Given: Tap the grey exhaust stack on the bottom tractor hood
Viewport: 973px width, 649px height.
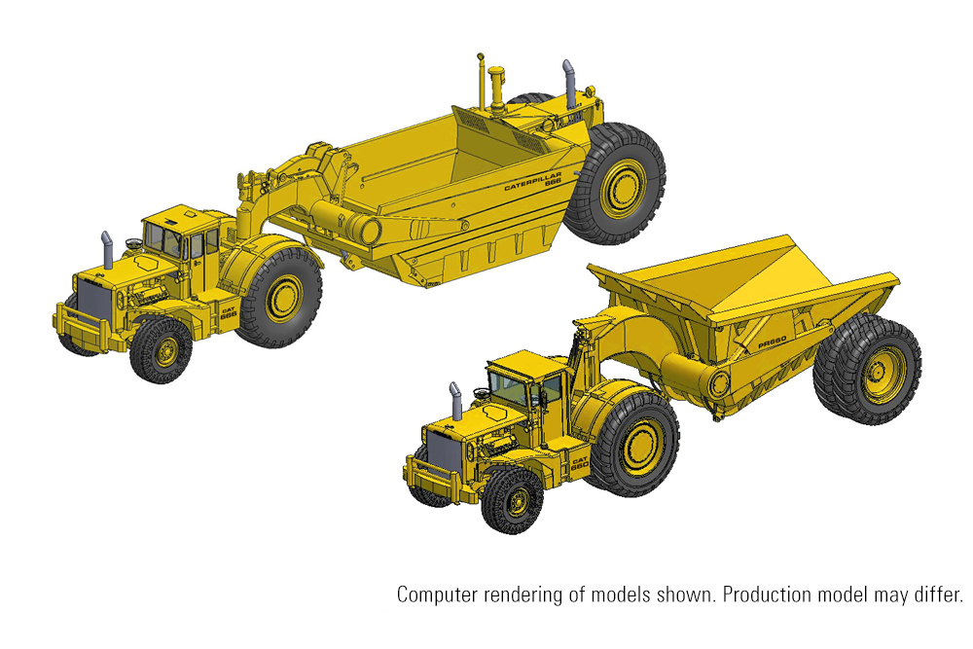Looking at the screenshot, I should point(454,400).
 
